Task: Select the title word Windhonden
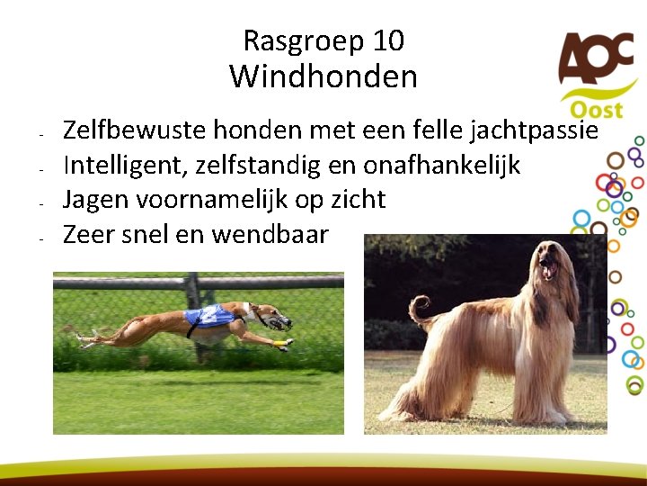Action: [323, 76]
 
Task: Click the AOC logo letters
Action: [594, 58]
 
